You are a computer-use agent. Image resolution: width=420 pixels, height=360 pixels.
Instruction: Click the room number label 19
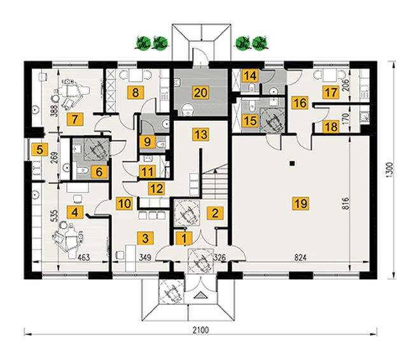pos(300,204)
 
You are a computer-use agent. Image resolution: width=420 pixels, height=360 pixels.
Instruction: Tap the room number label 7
pos(75,119)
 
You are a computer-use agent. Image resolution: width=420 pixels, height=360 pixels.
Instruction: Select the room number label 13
pos(201,134)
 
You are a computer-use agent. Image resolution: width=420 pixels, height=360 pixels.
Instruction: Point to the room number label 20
pos(200,93)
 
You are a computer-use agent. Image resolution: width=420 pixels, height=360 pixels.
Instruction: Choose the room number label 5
pos(39,149)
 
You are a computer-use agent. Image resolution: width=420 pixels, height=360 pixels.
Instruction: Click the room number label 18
pos(331,126)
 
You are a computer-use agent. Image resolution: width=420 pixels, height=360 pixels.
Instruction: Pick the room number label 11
pos(147,172)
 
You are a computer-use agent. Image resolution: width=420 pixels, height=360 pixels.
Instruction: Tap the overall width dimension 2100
pos(201,329)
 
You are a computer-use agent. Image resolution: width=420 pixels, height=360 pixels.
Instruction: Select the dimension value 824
pos(300,258)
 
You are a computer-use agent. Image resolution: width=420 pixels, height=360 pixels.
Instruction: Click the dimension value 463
pos(83,258)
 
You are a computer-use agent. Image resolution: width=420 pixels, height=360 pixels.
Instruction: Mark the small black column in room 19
pos(293,163)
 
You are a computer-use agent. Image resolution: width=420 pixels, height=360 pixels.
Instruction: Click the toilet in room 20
pos(187,110)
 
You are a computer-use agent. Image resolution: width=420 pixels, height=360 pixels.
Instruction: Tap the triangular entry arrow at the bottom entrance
pos(200,296)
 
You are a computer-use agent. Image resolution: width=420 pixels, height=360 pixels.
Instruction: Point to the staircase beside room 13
pos(215,181)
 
